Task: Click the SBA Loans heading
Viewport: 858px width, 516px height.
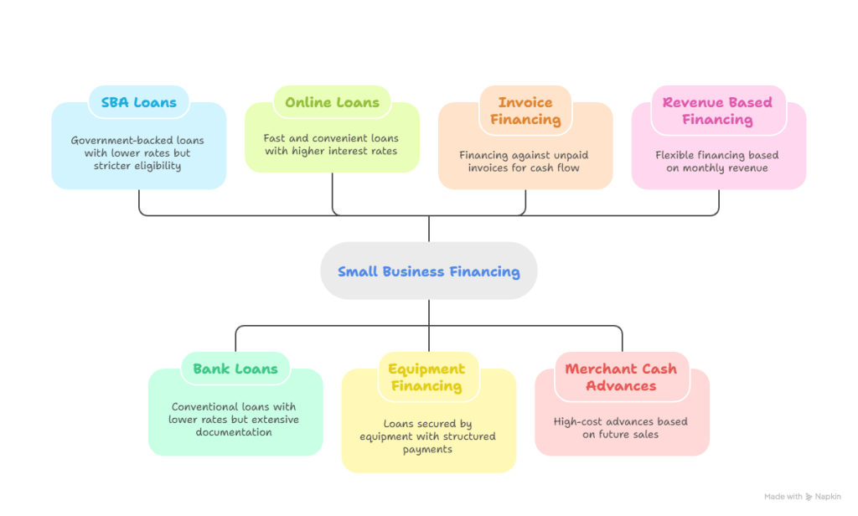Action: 138,103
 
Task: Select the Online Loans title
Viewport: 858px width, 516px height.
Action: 332,103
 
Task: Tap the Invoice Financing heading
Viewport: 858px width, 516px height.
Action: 525,111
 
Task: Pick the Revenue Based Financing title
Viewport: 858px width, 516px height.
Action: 717,111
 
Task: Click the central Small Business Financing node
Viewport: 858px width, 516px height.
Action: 428,271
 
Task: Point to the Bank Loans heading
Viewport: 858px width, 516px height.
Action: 235,369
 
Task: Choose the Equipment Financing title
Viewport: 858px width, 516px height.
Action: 426,377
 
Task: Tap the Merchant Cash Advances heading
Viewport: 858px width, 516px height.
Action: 621,377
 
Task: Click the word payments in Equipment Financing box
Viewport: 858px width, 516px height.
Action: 427,449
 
